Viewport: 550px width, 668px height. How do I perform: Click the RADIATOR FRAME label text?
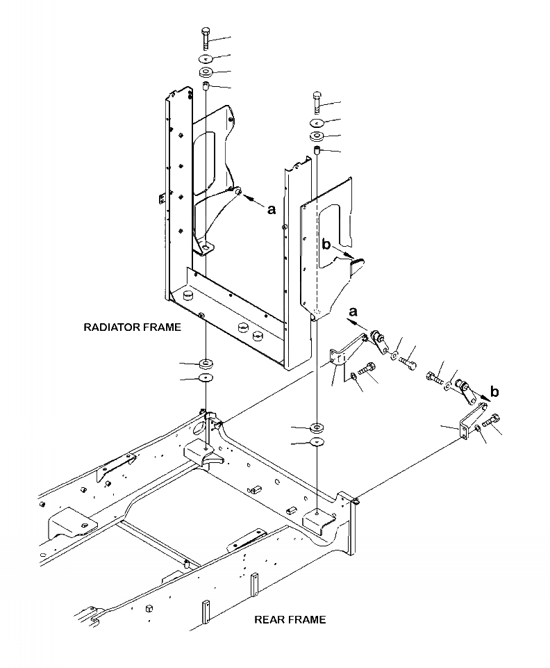point(131,327)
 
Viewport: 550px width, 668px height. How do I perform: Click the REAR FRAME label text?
point(290,619)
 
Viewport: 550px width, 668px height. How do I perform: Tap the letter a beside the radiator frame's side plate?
point(272,208)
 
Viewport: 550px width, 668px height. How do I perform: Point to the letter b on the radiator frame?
point(325,244)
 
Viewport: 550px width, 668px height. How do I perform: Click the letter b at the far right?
point(494,392)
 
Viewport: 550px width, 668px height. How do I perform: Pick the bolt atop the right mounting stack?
point(317,101)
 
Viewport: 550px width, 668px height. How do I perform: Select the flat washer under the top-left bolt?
point(206,58)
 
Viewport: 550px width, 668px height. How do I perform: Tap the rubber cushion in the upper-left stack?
point(206,72)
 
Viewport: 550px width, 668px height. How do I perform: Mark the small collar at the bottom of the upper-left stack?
point(206,86)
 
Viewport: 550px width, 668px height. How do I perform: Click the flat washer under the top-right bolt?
point(317,122)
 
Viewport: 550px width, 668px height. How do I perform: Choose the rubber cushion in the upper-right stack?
point(317,136)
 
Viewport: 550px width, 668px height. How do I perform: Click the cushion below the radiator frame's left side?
point(206,363)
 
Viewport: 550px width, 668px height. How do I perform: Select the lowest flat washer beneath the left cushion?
point(206,377)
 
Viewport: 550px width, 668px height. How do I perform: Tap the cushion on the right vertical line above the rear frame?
point(316,427)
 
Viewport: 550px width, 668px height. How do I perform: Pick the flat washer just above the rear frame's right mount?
point(316,442)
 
